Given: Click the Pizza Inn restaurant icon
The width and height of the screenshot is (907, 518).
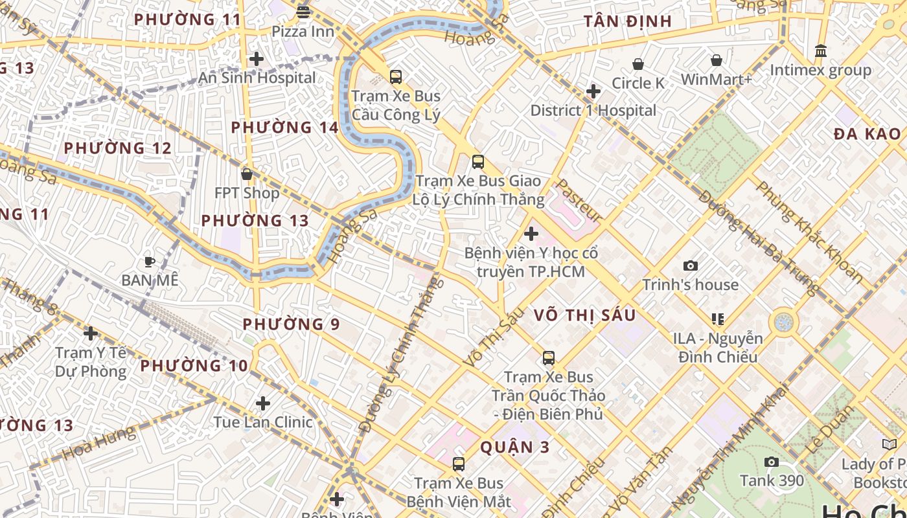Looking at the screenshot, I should (x=303, y=12).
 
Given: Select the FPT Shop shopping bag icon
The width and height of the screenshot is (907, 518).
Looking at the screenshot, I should (x=246, y=174).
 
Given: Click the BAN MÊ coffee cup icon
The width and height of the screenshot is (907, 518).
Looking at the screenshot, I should (x=150, y=262).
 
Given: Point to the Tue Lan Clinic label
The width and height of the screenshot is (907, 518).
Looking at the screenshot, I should (x=263, y=422).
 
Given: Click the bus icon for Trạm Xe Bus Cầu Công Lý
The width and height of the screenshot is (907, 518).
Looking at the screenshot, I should (x=396, y=77).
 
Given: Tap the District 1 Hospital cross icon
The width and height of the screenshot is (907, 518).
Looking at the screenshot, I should (x=593, y=91).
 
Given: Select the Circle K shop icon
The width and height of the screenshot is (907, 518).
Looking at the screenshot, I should (x=638, y=64).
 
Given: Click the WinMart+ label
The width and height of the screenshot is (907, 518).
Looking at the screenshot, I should (x=716, y=80).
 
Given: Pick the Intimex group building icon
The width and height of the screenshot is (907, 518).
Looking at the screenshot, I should (x=821, y=51).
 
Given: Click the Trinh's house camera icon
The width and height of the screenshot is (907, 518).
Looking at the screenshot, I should (x=691, y=265).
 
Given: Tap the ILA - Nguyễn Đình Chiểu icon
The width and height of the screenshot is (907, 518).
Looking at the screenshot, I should (x=717, y=319).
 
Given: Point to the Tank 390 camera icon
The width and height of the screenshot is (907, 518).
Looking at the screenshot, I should (x=771, y=462).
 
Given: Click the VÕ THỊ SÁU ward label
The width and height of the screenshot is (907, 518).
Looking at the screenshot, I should (x=585, y=315).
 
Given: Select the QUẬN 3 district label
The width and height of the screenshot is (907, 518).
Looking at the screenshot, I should (x=515, y=447).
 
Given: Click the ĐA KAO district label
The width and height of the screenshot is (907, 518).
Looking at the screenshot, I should (x=867, y=134).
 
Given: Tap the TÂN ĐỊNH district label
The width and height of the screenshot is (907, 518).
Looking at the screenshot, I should (x=628, y=21).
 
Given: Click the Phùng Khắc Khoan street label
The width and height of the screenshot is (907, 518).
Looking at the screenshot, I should (x=809, y=232).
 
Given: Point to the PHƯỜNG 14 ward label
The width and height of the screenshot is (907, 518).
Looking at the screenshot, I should (x=285, y=127).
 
